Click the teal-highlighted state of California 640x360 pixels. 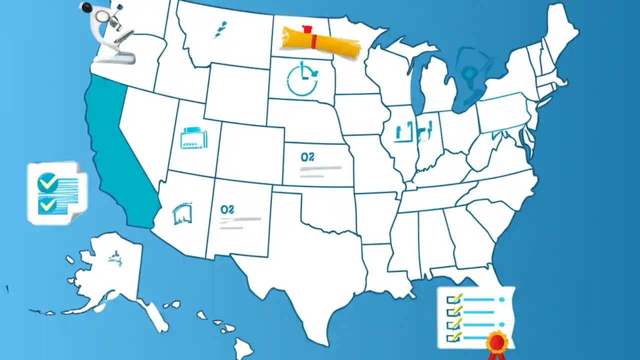click(x=117, y=150)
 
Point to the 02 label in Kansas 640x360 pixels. click(x=307, y=157)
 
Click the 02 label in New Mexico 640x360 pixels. click(x=227, y=209)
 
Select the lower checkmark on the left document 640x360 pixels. click(x=47, y=204)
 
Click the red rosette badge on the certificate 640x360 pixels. click(x=497, y=343)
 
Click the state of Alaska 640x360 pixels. click(x=110, y=270)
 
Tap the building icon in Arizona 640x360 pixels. click(x=182, y=213)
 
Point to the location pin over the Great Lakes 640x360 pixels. click(x=469, y=73)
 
